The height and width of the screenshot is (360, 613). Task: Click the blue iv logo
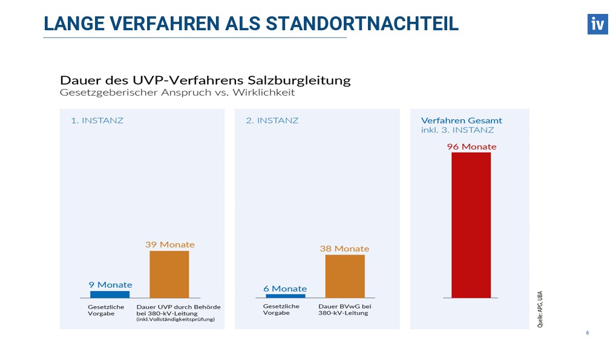(x=597, y=24)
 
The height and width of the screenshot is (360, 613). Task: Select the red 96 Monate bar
(x=471, y=224)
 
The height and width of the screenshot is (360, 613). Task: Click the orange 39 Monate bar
(x=169, y=274)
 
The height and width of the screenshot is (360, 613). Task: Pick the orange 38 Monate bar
(x=345, y=276)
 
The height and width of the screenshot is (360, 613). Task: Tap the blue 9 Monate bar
(x=110, y=294)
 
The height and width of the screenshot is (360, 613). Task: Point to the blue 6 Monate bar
(x=285, y=296)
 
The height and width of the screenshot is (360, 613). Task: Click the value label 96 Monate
(x=471, y=146)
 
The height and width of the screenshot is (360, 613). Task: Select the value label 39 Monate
(x=169, y=244)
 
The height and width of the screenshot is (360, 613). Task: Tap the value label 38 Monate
(x=344, y=249)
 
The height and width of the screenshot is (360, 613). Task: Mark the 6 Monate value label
(x=285, y=289)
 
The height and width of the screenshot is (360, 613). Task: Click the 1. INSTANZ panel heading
(x=97, y=120)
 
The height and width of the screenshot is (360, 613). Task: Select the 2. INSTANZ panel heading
(x=272, y=120)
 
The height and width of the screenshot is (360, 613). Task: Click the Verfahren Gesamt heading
(x=461, y=120)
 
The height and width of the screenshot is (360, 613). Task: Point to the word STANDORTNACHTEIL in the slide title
(x=362, y=24)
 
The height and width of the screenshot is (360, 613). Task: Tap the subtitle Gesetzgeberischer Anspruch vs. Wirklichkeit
(x=177, y=94)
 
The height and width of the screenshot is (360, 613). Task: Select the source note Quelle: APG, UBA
(x=540, y=309)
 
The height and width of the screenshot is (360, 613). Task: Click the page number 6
(x=587, y=333)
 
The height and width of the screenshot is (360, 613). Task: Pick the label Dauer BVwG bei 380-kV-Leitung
(x=344, y=310)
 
